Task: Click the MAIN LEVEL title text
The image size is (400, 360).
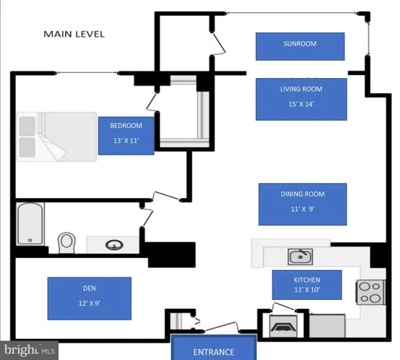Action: click(x=74, y=34)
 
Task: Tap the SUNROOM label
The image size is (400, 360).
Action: click(x=300, y=43)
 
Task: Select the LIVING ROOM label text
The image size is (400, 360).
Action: click(x=301, y=89)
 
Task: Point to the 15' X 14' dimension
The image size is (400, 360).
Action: click(x=301, y=104)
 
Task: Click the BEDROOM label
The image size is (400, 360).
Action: click(x=126, y=126)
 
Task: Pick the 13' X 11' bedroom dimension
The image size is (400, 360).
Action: click(x=126, y=141)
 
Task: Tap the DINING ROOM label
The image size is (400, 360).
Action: click(x=302, y=194)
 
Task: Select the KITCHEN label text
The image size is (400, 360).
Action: click(x=307, y=280)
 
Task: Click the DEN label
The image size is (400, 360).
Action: click(x=89, y=288)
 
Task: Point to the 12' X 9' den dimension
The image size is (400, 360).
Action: click(x=89, y=304)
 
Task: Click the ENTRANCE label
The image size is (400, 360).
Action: click(x=214, y=352)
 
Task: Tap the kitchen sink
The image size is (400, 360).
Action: click(x=300, y=256)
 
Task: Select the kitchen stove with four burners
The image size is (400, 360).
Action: click(x=370, y=292)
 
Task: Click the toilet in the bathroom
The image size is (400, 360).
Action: click(x=67, y=242)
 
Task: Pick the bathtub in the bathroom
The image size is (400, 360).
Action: click(x=30, y=223)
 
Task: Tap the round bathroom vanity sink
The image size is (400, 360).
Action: click(x=114, y=245)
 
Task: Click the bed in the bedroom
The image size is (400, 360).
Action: click(x=56, y=137)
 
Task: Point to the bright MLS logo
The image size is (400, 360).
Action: click(x=29, y=350)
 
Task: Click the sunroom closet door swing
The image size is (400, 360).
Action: click(x=219, y=43)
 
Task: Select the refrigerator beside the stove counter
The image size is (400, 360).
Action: click(x=327, y=325)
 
